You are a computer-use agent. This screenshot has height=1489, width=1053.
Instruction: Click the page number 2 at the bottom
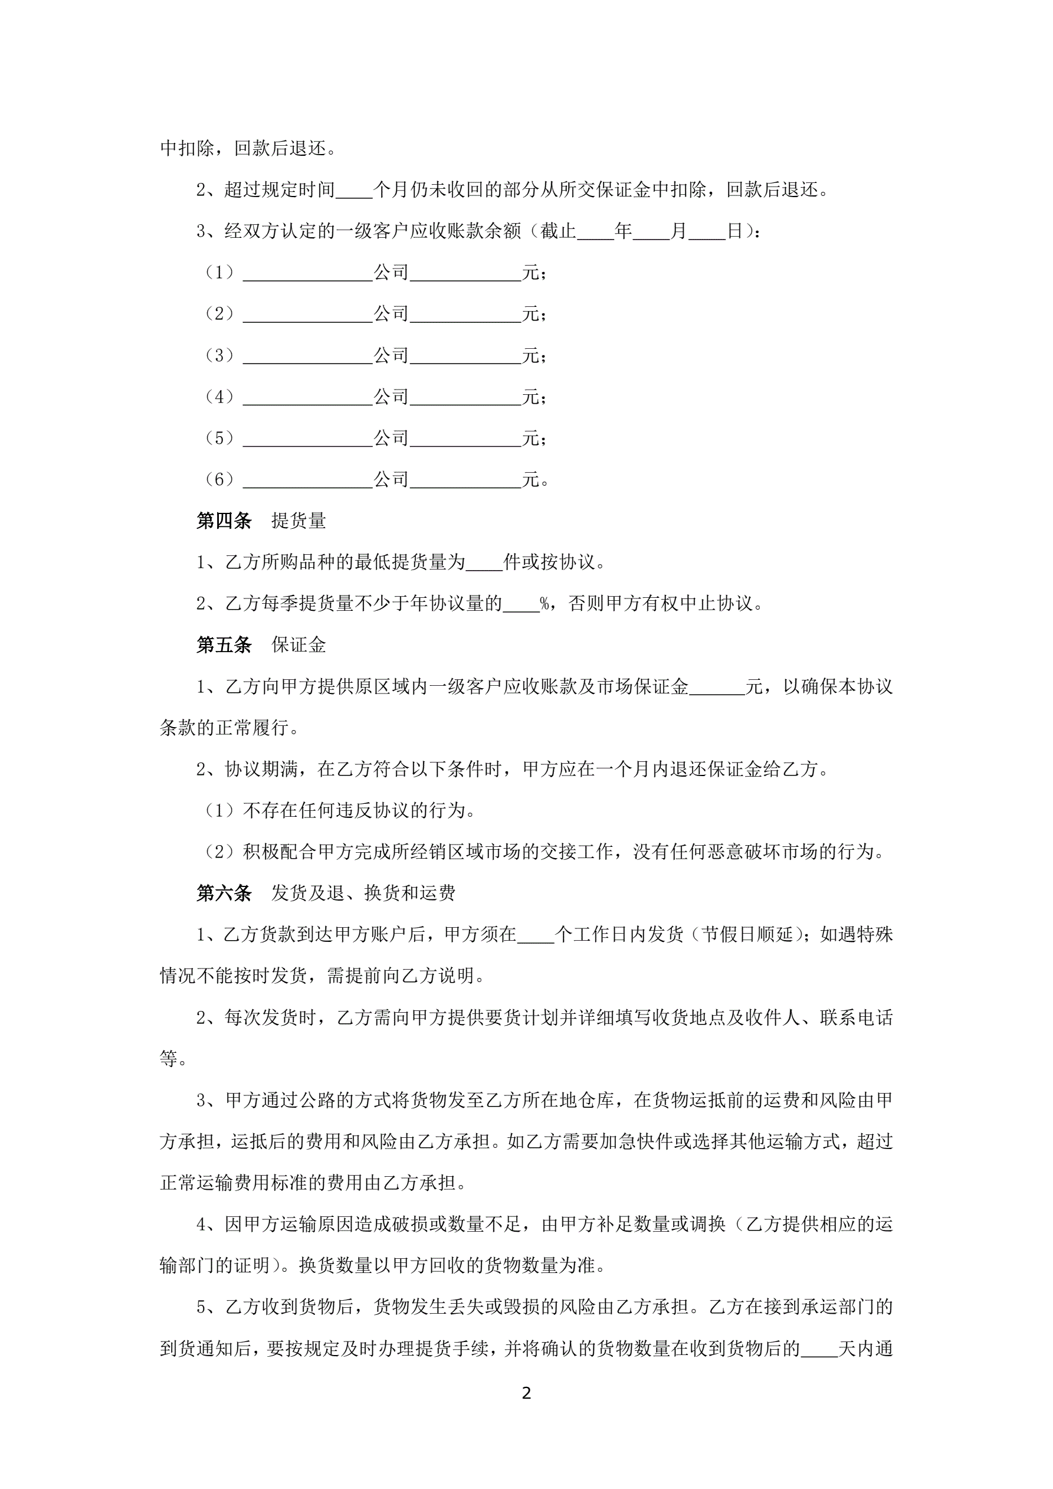coord(526,1392)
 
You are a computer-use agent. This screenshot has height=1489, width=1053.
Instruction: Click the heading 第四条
coord(224,521)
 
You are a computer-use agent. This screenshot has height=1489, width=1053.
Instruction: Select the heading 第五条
coord(224,644)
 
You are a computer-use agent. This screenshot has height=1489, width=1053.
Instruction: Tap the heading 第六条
coord(224,893)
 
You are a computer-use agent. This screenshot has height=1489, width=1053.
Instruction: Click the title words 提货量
coord(298,521)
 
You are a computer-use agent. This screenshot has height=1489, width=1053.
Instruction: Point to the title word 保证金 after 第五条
coord(298,644)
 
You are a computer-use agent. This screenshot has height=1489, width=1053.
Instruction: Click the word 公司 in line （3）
coord(391,355)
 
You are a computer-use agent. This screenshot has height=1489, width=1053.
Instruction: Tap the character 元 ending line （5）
coord(530,438)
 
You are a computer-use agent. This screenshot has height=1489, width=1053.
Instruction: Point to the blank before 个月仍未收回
coord(354,191)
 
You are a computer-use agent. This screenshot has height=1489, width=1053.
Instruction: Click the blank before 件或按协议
coord(484,563)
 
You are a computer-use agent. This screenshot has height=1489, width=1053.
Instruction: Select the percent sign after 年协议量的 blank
coord(544,604)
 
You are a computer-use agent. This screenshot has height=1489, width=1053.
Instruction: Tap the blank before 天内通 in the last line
coord(819,1350)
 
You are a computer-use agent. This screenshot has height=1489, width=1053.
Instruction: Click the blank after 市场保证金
coord(717,687)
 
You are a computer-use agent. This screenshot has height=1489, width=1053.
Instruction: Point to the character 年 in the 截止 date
coord(623,231)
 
